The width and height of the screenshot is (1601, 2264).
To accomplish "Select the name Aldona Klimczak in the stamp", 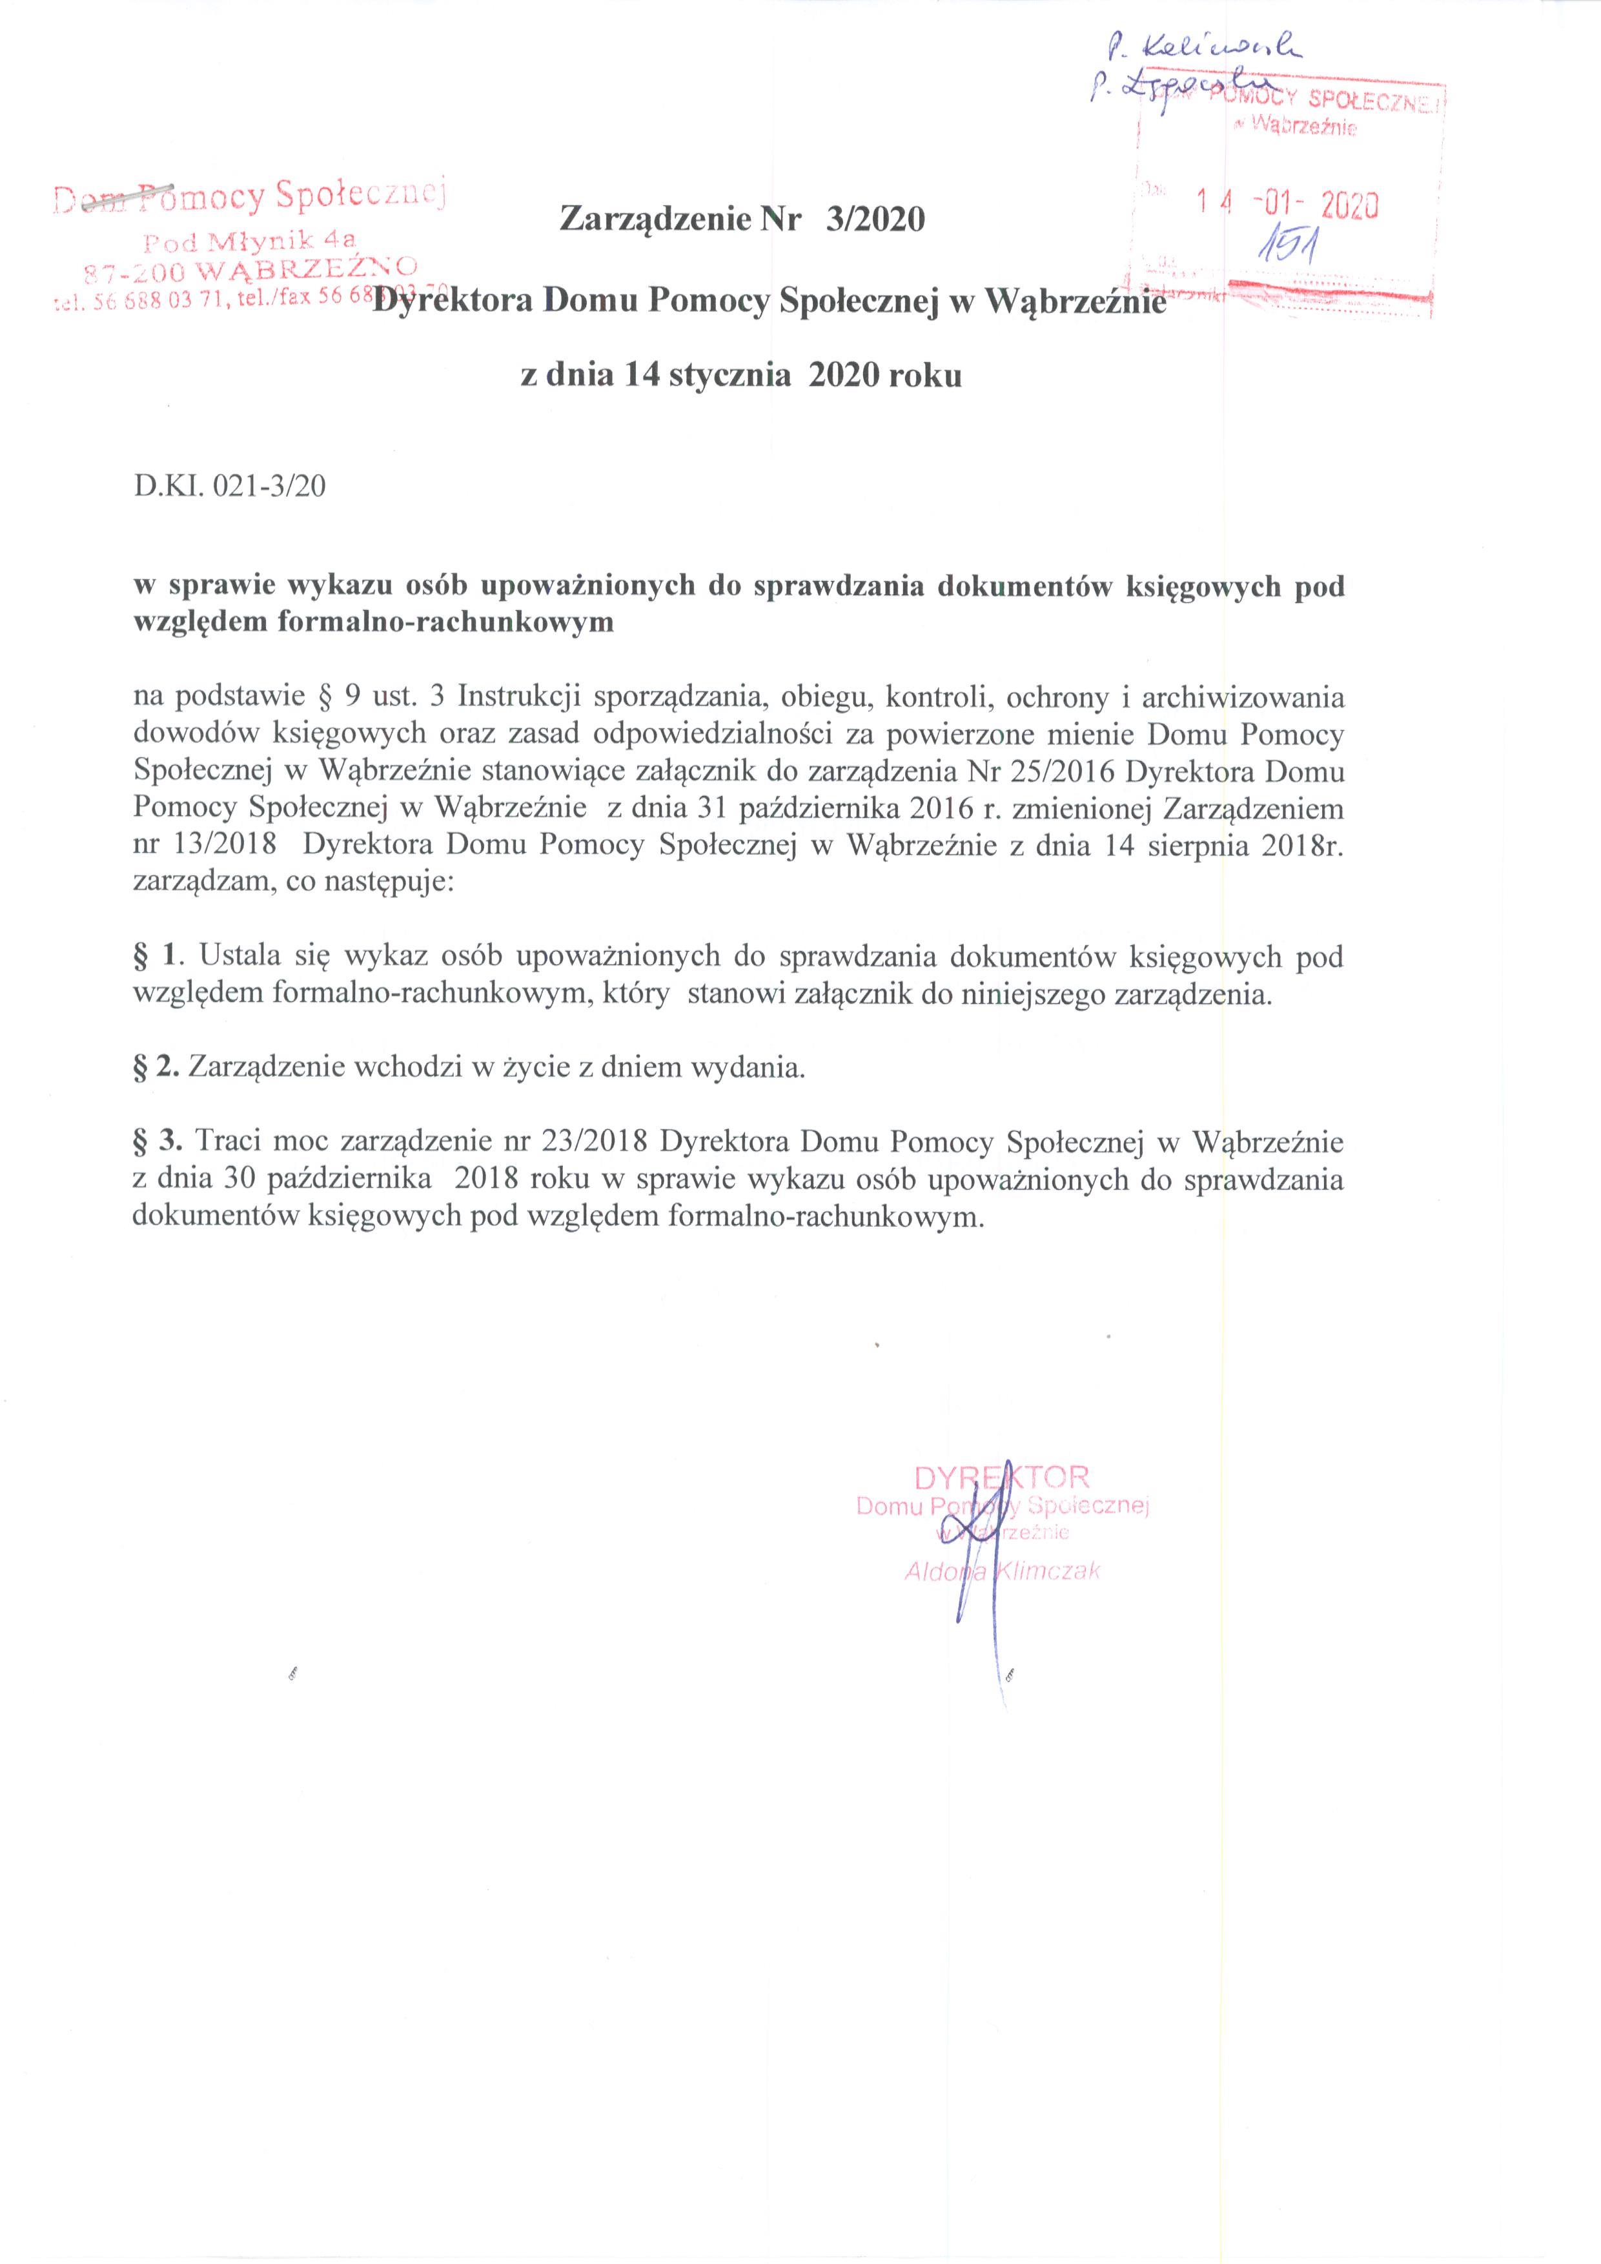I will click(1002, 1572).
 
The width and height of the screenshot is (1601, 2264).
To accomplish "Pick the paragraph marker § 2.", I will click(156, 1068).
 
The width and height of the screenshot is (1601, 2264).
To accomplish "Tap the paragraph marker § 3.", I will click(158, 1142).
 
